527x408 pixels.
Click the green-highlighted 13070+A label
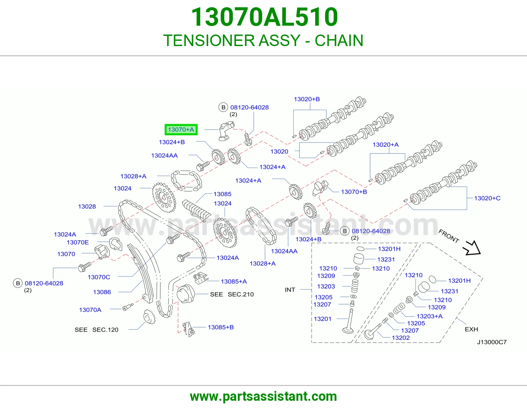point(181,130)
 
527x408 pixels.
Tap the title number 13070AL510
point(264,17)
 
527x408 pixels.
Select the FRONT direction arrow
point(472,248)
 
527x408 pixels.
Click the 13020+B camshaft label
point(307,99)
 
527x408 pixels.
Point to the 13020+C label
point(487,198)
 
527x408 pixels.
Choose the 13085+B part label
point(221,327)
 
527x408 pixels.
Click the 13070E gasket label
point(78,242)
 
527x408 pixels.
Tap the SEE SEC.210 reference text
point(232,294)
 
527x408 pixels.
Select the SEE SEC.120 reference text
point(97,330)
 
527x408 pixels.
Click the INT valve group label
point(290,290)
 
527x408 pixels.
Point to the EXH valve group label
point(471,329)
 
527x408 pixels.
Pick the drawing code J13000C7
point(492,342)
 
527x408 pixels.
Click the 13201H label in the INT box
point(389,249)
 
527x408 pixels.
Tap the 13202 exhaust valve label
point(401,338)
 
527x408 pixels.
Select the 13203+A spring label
point(430,316)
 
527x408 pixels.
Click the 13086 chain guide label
point(102,292)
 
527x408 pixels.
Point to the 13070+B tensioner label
point(354,192)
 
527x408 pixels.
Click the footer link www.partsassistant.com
point(263,396)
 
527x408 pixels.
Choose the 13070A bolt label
point(90,310)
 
